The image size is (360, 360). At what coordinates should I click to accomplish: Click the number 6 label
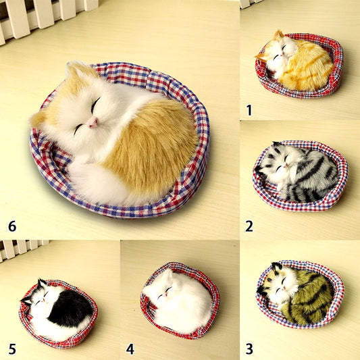coord(12,226)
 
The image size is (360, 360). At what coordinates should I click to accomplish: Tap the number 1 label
coord(249,110)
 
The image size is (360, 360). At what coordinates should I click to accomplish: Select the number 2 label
coord(249,226)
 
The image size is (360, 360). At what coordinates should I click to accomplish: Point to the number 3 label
coord(249,349)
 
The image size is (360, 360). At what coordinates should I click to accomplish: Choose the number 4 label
coord(130,349)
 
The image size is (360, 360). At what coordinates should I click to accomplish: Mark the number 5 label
coord(12,349)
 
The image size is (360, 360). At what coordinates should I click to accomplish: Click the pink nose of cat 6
coord(93,122)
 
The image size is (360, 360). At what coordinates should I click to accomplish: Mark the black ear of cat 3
coord(277,266)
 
